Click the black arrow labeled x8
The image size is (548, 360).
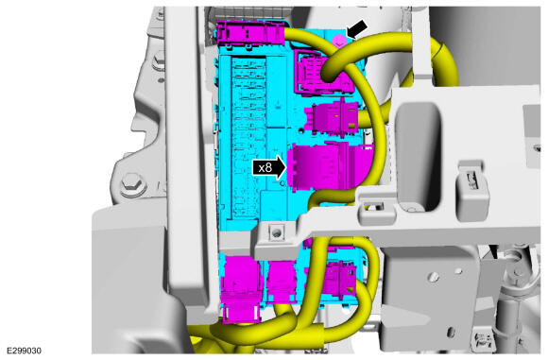(270, 168)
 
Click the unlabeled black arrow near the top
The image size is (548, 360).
(357, 28)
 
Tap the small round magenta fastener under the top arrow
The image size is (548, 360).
(338, 42)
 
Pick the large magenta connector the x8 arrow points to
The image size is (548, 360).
(325, 166)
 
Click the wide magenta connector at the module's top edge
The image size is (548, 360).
(251, 32)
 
